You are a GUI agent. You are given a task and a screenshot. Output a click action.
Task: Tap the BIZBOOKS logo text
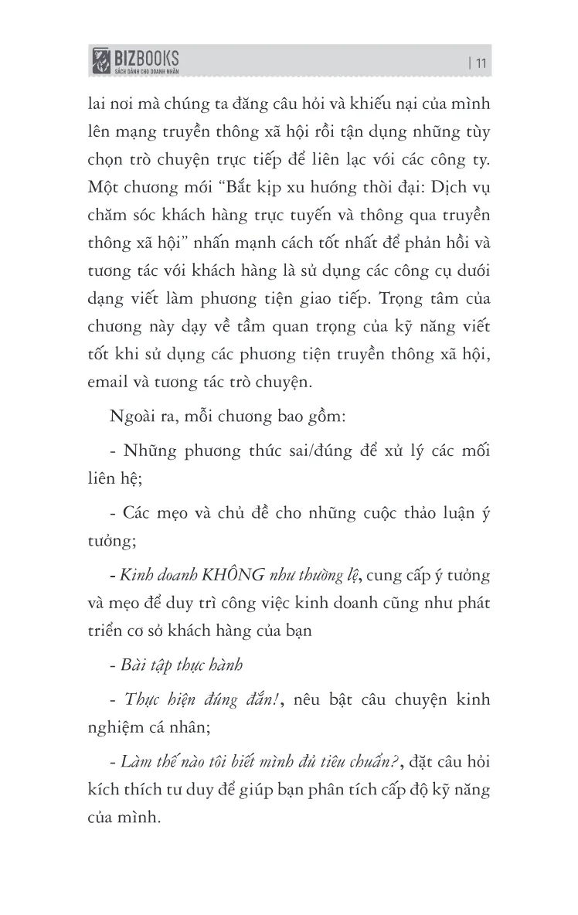147,57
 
